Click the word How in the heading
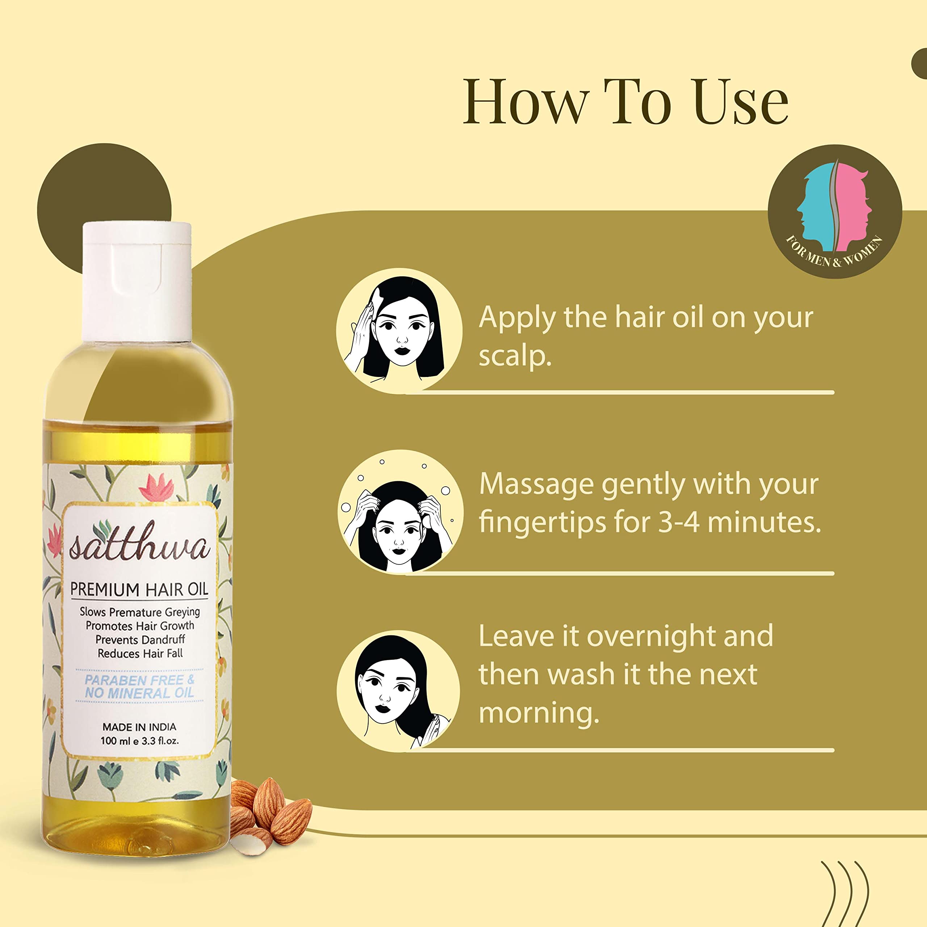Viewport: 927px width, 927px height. (x=525, y=102)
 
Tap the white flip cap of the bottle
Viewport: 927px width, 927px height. (x=137, y=281)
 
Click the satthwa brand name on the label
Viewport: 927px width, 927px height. (x=139, y=545)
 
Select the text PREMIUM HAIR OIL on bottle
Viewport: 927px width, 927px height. (x=139, y=589)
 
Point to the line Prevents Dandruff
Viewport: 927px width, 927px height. (x=140, y=639)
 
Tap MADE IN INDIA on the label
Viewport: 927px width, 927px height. (x=139, y=727)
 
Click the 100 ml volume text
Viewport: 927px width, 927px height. (x=115, y=741)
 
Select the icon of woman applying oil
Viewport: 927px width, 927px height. (x=399, y=331)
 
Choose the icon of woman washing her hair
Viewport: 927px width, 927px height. (x=398, y=691)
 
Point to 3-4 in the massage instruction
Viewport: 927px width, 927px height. (x=678, y=523)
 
